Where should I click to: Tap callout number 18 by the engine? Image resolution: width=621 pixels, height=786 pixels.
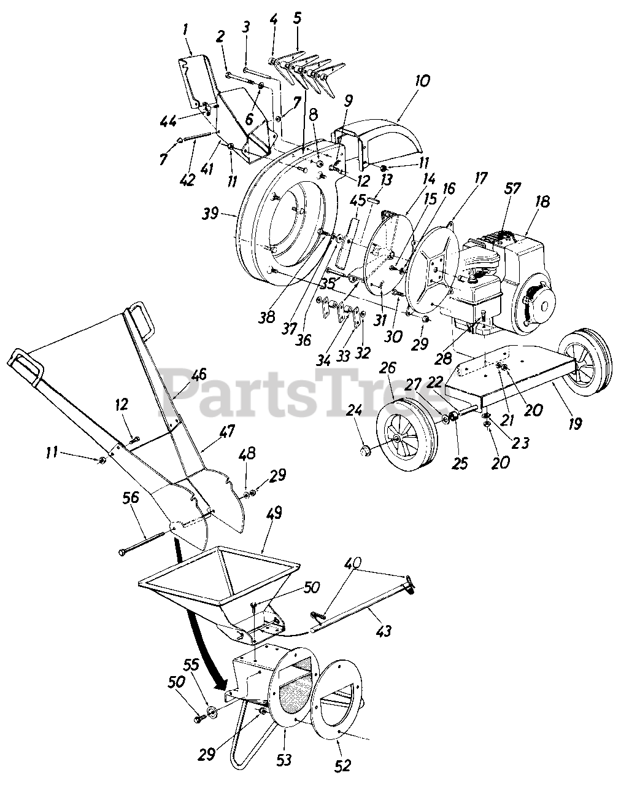(542, 201)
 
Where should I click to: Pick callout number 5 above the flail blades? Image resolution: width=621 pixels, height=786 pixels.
(298, 18)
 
